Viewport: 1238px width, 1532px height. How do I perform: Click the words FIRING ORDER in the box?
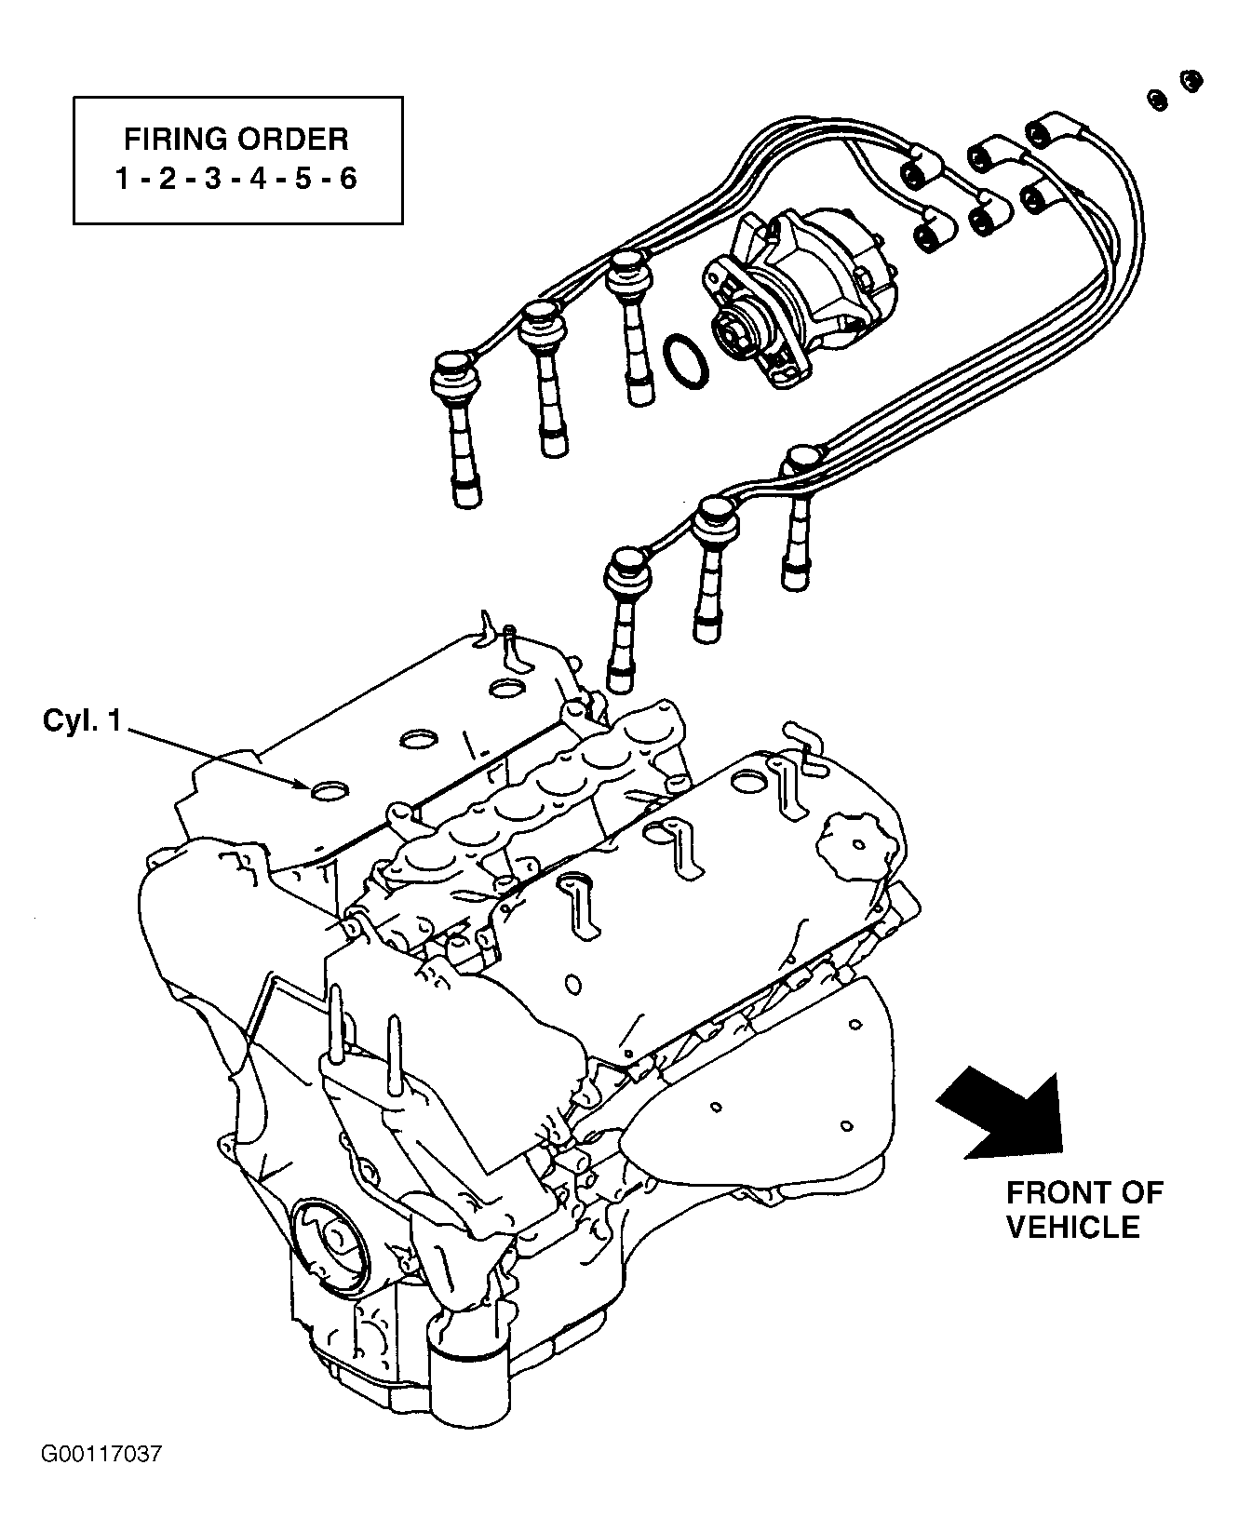pos(236,140)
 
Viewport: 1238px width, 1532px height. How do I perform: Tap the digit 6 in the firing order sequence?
pos(347,179)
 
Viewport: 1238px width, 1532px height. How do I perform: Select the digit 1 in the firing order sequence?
pos(123,179)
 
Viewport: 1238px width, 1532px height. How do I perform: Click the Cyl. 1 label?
pos(82,720)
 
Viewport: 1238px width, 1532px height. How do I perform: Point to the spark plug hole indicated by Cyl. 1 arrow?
pos(328,791)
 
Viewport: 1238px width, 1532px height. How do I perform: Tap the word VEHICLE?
pos(1072,1227)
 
